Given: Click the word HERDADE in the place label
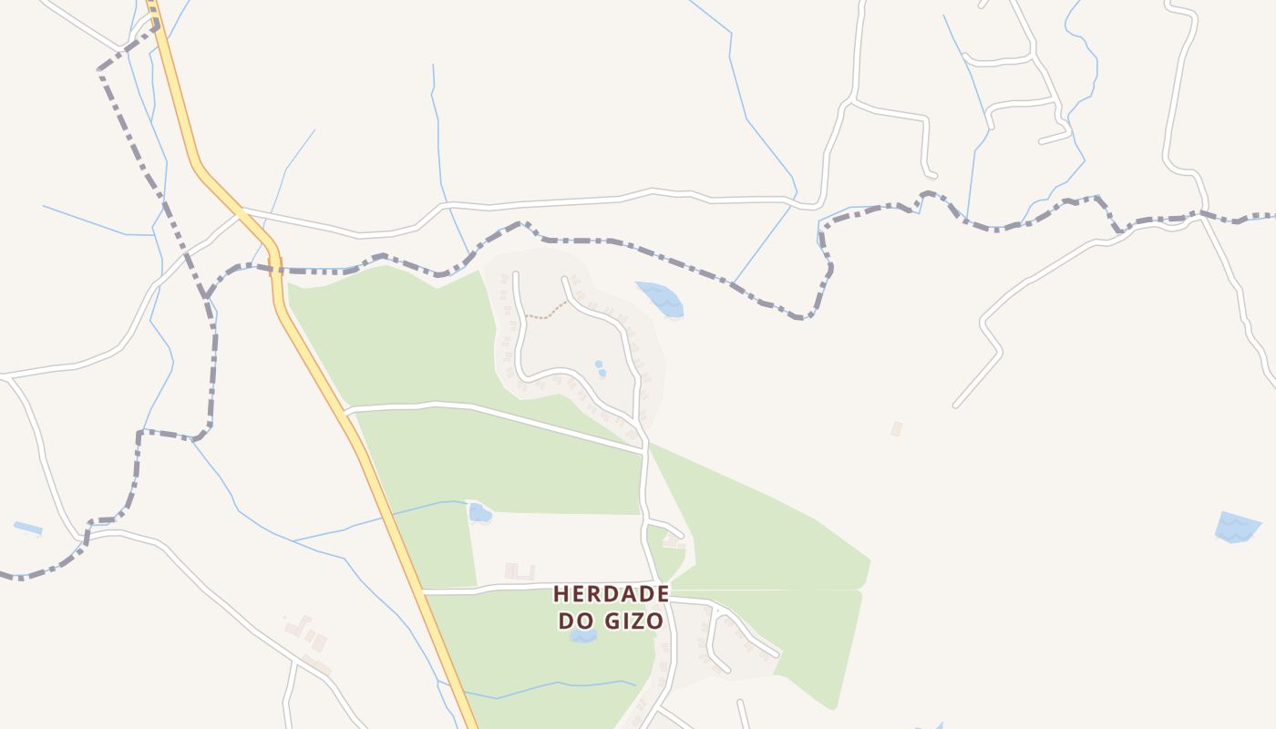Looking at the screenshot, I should click(612, 594).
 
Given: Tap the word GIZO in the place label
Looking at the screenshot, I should click(635, 621).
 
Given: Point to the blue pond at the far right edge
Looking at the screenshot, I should click(1237, 527).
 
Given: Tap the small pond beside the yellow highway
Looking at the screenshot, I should click(479, 513).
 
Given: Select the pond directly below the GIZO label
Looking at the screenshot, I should click(583, 635).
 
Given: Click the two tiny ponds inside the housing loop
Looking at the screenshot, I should click(600, 368).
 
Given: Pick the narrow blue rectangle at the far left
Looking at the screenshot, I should click(27, 528).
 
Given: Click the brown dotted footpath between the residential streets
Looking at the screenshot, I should click(547, 313).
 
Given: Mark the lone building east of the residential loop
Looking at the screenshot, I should click(897, 427).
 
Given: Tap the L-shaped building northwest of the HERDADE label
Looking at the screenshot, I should click(520, 572).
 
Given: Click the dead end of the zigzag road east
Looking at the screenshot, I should click(956, 406).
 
